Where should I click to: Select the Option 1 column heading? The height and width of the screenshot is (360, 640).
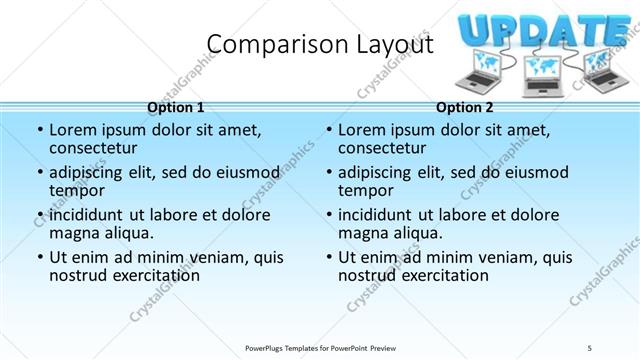[x=175, y=107]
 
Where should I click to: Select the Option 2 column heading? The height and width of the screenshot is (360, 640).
[x=465, y=107]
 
